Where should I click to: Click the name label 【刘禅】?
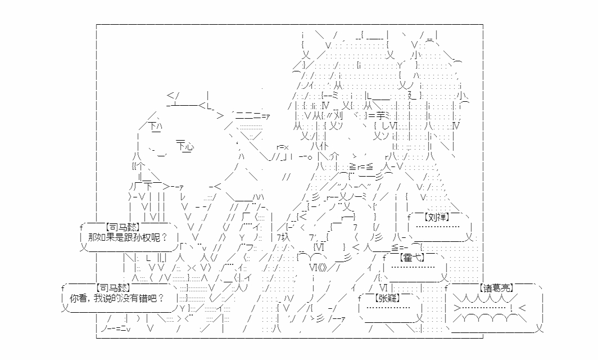click(437, 218)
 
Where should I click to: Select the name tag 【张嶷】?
click(388, 298)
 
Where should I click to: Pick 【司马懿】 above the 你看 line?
click(114, 288)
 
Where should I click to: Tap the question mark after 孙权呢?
click(164, 237)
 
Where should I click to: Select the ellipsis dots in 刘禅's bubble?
click(437, 227)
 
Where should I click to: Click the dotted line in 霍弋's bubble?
click(413, 267)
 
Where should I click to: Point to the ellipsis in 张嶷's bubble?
click(388, 307)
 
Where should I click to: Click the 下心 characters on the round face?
click(185, 146)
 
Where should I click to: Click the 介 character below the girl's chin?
click(334, 156)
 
